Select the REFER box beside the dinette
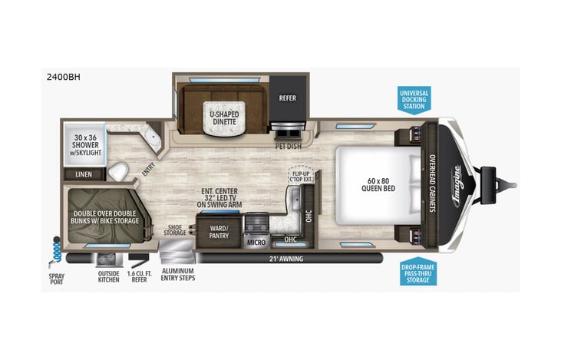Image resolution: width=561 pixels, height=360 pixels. click(287, 98)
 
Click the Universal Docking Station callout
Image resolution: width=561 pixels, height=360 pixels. click(414, 101)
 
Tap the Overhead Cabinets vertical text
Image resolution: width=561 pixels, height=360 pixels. click(432, 184)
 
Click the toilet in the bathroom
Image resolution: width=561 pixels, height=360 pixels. click(118, 170)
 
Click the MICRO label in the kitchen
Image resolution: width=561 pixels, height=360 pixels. click(256, 243)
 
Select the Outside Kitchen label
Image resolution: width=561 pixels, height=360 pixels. click(108, 276)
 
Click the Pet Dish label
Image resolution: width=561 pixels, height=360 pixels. click(287, 144)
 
